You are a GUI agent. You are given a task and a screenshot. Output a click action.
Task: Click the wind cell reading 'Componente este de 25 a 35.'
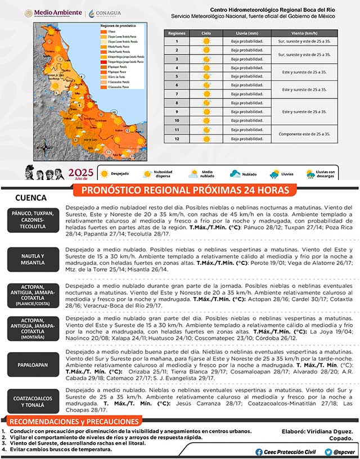click(304, 134)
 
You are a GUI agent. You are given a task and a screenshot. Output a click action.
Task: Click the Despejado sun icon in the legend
click(105, 174)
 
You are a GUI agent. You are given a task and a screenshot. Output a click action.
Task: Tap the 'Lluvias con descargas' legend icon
click(312, 174)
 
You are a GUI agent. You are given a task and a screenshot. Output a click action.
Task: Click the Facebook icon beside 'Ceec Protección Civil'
click(259, 452)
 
